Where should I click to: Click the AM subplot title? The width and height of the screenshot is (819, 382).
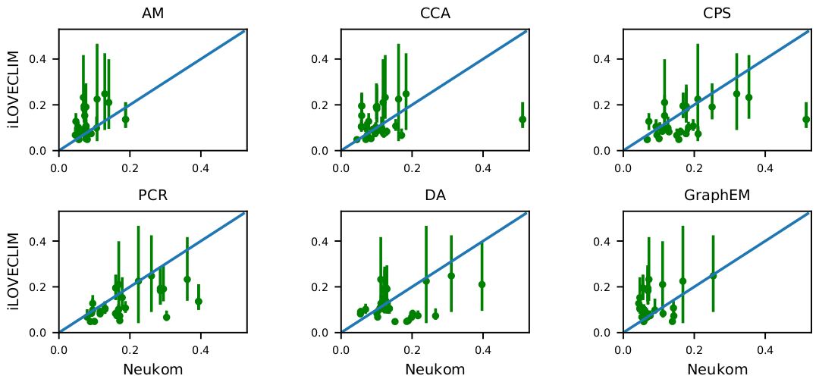click(x=152, y=14)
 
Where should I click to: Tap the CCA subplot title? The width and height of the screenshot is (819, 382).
click(x=435, y=14)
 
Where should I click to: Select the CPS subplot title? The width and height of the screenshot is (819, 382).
click(x=717, y=14)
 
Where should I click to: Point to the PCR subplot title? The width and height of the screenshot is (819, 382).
click(x=152, y=196)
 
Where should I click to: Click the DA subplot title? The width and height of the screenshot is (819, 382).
click(x=435, y=196)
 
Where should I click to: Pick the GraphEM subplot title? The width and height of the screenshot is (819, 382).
click(x=717, y=196)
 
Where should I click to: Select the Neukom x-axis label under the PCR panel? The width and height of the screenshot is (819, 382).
click(x=152, y=370)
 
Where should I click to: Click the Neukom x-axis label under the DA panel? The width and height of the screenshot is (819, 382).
click(x=435, y=370)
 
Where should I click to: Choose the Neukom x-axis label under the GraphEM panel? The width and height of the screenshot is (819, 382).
click(x=717, y=370)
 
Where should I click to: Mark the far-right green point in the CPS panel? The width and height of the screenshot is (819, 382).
click(x=806, y=119)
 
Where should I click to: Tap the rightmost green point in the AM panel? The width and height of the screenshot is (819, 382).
click(x=126, y=119)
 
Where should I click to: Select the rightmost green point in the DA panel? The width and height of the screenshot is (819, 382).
click(x=482, y=284)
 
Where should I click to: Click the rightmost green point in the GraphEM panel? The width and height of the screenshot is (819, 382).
click(x=713, y=275)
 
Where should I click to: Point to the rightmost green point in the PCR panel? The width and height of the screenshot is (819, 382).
click(x=199, y=301)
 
